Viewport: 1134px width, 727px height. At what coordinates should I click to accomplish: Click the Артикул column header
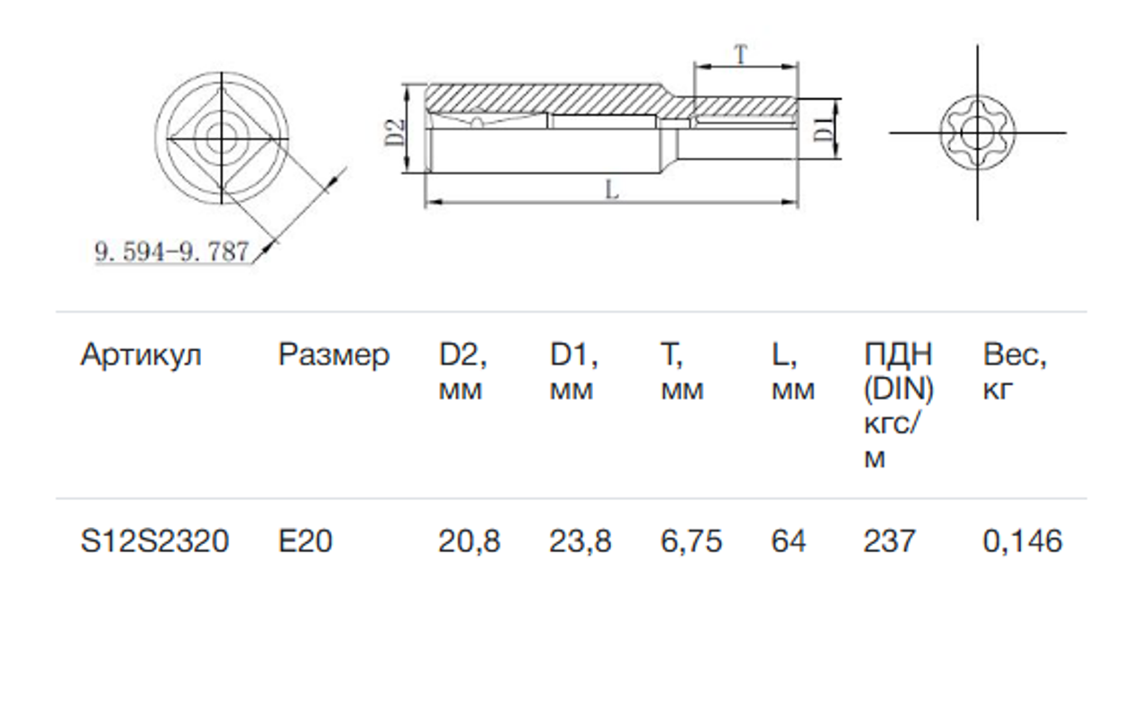point(141,355)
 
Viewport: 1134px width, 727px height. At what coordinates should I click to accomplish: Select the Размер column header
point(334,355)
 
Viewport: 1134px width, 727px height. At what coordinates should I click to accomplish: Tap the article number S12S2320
point(154,541)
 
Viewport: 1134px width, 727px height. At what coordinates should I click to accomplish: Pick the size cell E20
point(306,541)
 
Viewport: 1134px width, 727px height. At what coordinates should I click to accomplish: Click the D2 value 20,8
point(470,541)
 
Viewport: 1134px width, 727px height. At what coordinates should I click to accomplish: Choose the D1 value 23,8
point(581,541)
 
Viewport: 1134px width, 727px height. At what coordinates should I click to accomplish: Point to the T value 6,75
point(691,541)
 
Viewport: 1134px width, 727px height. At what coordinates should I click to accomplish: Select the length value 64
point(788,541)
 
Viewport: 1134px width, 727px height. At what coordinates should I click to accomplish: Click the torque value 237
point(890,541)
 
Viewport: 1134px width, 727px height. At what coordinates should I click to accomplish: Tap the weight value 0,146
point(1022,541)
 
